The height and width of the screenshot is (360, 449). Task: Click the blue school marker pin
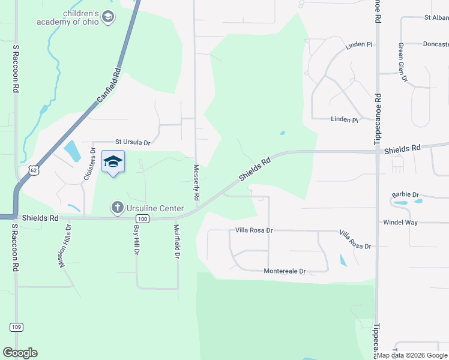point(113,163)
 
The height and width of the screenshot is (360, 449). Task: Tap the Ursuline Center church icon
point(117,208)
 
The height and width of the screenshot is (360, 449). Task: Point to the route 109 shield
point(16,326)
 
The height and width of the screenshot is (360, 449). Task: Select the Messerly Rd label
point(196,183)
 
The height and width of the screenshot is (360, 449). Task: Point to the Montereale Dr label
point(285,271)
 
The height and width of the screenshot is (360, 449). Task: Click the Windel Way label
point(400,222)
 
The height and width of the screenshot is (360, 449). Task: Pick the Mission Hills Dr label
point(64,246)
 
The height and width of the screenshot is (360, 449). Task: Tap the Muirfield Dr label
point(177,242)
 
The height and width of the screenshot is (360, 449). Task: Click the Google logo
point(20,353)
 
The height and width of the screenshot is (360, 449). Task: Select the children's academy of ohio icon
point(108,17)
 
